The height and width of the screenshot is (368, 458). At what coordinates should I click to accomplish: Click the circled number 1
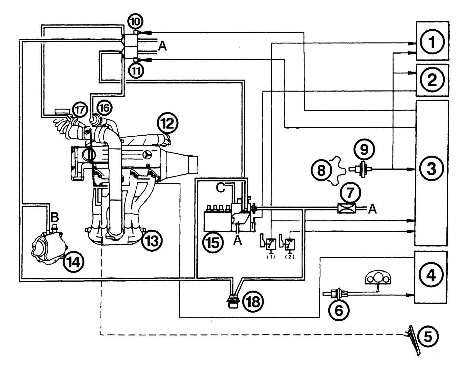click(x=432, y=43)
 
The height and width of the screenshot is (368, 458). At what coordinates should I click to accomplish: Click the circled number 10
click(x=135, y=22)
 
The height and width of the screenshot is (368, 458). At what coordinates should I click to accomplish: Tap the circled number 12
click(x=168, y=124)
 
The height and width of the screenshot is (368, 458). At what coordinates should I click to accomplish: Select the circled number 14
click(x=74, y=262)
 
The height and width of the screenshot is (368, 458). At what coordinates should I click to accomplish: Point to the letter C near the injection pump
click(x=221, y=188)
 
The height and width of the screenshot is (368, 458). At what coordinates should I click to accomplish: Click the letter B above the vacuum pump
click(x=55, y=218)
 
